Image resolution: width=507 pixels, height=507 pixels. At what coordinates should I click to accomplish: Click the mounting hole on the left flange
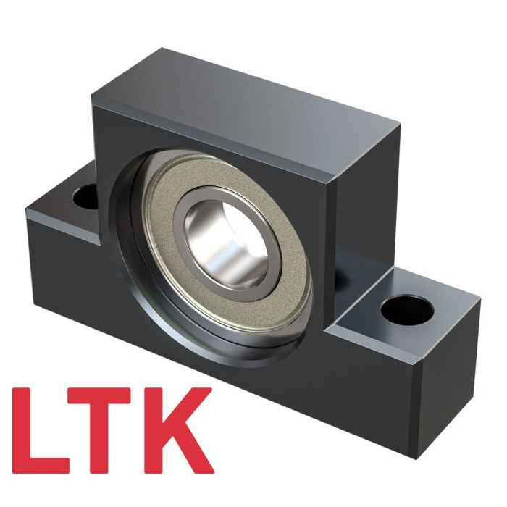click(x=86, y=195)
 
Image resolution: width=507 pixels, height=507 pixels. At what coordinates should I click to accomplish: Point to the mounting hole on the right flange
click(x=406, y=310)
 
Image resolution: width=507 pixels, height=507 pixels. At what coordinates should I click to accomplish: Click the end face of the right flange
click(x=449, y=362)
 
